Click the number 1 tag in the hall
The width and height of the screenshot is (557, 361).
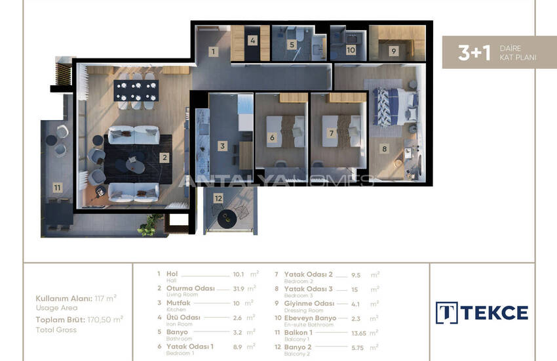coord(213,52)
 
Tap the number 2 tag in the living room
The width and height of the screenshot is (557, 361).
coord(164,158)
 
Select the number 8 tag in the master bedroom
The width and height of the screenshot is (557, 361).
coord(384,149)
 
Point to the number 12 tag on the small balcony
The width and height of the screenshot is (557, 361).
coord(218,198)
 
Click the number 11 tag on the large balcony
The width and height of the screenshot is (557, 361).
coord(57,188)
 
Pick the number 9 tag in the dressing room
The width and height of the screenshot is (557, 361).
coord(393,51)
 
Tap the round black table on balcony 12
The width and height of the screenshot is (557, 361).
coord(227,219)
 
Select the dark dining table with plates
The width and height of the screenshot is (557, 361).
coord(136,91)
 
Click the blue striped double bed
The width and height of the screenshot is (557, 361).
coord(394,107)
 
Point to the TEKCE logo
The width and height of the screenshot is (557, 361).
coord(482,313)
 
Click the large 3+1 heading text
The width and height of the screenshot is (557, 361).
coord(474,53)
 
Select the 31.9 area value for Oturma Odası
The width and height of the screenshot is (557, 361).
coord(239,289)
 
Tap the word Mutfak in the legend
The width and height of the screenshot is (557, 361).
coord(178,303)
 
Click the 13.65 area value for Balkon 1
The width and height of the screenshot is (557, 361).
coord(359,333)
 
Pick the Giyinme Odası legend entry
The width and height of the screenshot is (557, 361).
coord(309,303)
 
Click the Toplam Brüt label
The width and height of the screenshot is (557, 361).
coord(60,320)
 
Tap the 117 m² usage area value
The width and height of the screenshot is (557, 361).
coord(106,299)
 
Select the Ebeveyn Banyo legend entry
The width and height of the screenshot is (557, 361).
coord(310,318)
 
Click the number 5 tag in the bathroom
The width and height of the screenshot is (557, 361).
coord(292,45)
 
